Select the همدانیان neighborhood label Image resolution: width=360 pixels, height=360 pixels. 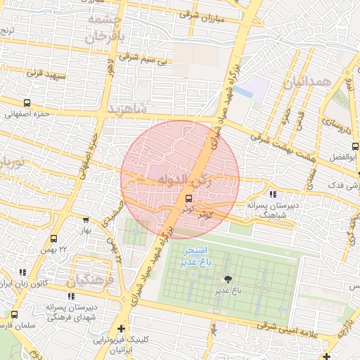click(x=307, y=83)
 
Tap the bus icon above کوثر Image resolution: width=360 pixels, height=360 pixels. click(x=188, y=198)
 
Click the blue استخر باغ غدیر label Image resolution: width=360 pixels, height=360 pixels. click(x=194, y=257)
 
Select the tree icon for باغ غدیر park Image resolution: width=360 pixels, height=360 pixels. click(x=227, y=280)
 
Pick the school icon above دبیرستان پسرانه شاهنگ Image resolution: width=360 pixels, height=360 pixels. click(x=273, y=195)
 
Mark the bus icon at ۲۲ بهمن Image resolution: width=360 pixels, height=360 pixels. click(x=55, y=239)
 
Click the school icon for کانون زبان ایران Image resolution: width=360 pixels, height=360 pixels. click(x=22, y=271)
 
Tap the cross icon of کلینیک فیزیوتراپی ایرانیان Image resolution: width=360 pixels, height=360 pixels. click(x=122, y=328)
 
